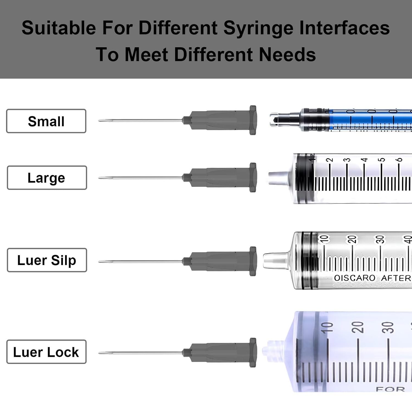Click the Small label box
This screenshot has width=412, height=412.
(x=46, y=121)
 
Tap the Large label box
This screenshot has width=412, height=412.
(x=47, y=178)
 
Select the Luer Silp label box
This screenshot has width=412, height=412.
(x=47, y=260)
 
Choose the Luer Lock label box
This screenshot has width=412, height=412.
(x=46, y=352)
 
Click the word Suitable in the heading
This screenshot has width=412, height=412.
(x=59, y=28)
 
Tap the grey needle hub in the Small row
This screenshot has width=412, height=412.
(x=222, y=120)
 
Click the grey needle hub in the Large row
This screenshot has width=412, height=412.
(x=222, y=177)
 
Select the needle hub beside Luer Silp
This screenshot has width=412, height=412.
(x=222, y=261)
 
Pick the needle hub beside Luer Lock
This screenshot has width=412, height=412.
(x=222, y=353)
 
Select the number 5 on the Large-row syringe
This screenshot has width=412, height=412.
(x=381, y=160)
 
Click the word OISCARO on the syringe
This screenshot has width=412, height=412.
(x=355, y=278)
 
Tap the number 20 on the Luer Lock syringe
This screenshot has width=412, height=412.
(x=357, y=327)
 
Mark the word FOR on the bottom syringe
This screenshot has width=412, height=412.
(x=390, y=389)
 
